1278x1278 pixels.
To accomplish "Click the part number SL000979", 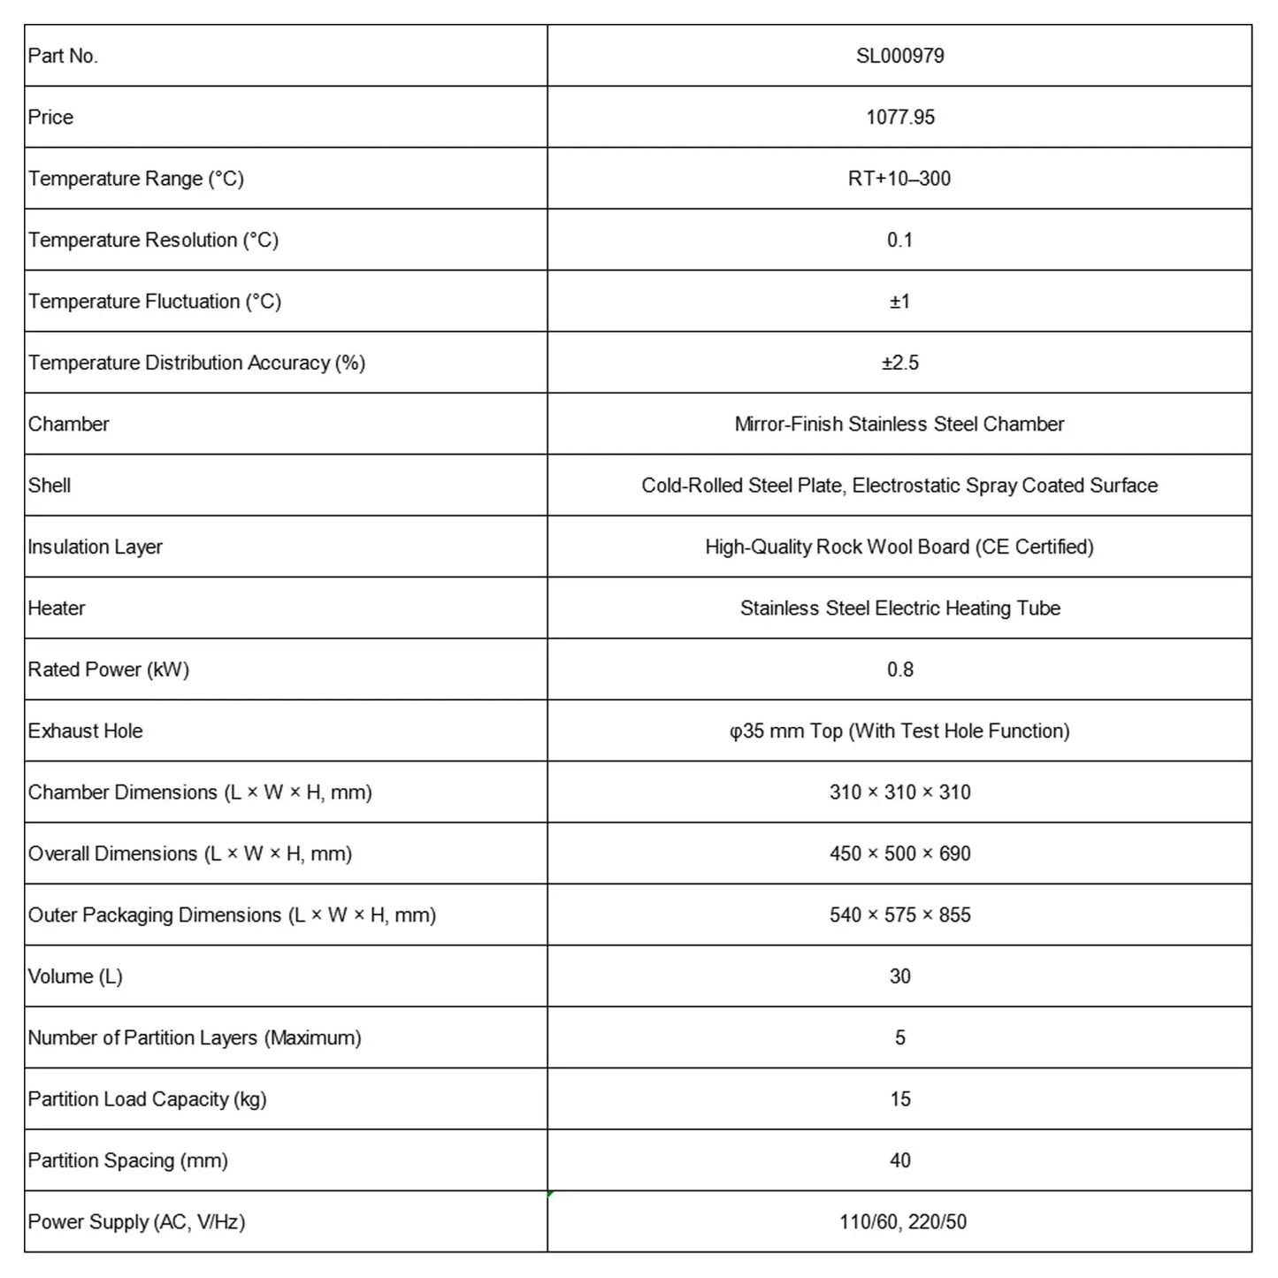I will pos(899,56).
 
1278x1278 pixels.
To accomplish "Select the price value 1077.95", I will pos(899,117).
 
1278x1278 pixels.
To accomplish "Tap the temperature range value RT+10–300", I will pos(899,179).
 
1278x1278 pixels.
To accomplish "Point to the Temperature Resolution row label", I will pos(153,240).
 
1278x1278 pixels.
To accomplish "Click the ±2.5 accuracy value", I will pos(899,363).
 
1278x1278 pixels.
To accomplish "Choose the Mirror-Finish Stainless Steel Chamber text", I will pos(899,424).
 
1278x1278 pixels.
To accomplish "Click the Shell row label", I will pos(50,486).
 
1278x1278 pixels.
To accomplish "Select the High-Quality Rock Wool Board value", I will pos(899,547).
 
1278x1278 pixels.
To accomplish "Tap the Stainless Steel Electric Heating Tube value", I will pos(899,608).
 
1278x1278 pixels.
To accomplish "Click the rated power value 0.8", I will pos(899,670).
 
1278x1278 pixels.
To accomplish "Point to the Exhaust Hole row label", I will pos(85,731).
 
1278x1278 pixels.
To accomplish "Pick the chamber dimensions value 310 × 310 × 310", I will pos(899,792).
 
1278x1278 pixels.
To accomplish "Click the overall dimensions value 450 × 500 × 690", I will pos(899,853).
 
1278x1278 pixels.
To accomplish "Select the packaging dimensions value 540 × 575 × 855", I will pos(899,914).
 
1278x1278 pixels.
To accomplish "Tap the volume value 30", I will pos(899,976).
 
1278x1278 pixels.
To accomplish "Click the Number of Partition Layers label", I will pos(195,1037).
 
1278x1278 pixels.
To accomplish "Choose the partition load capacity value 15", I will pos(899,1099).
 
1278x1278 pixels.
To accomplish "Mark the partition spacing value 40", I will pos(899,1160).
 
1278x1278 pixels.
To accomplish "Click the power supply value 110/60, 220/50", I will pos(902,1222).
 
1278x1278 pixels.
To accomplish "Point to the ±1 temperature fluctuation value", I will pos(899,302).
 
